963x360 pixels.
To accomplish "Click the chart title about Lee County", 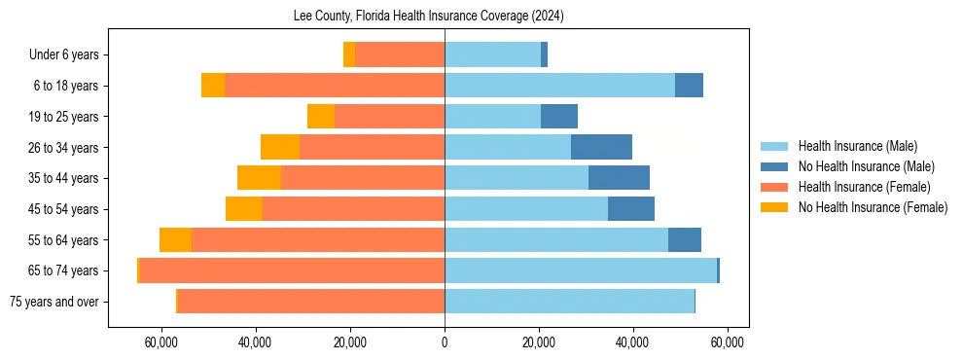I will (428, 17).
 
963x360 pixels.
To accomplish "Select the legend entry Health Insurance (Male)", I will (857, 146).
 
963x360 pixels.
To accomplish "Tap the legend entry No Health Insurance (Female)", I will (873, 207).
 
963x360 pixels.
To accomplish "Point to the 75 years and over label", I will (53, 302).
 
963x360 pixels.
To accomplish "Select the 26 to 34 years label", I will (65, 148).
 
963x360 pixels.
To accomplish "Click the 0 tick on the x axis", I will (445, 342).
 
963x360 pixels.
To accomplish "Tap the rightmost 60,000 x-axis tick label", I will (728, 342).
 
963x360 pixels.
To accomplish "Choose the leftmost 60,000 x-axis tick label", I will (161, 342).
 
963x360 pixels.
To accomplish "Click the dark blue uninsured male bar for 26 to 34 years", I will (601, 147).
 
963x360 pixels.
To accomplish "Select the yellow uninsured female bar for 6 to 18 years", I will (213, 86).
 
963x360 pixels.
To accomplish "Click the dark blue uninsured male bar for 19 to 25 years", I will (559, 117).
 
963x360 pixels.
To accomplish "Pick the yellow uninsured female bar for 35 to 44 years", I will (259, 178).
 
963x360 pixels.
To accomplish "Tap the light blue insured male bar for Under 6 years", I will (492, 55).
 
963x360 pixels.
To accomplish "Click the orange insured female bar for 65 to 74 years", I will (292, 270).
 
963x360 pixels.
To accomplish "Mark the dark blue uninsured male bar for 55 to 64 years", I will (685, 239).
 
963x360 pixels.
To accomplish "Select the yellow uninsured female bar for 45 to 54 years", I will (244, 209).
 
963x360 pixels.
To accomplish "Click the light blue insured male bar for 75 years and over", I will (569, 302).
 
